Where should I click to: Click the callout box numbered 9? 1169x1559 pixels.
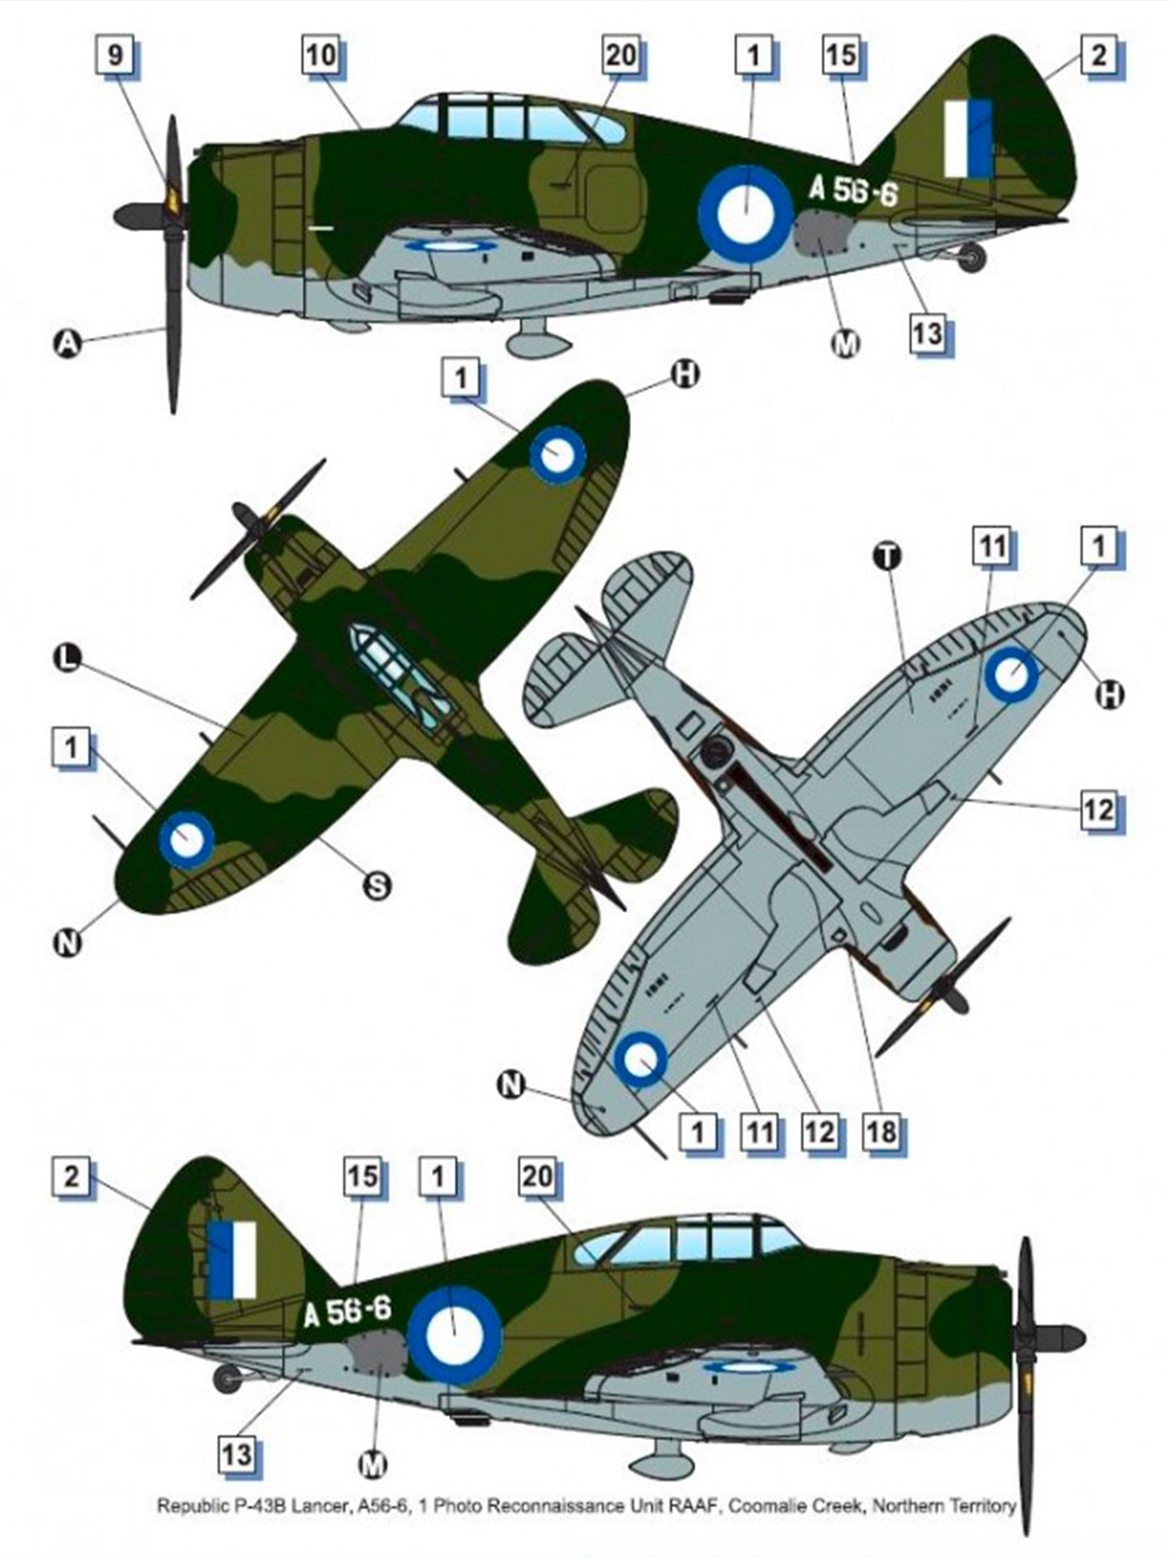(116, 55)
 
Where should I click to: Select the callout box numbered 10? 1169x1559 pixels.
(321, 55)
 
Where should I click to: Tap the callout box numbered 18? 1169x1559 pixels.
(882, 1131)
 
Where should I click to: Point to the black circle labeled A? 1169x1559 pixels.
(68, 344)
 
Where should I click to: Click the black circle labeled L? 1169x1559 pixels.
(68, 658)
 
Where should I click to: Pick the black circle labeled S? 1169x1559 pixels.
(377, 886)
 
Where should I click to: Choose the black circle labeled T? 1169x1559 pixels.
(887, 556)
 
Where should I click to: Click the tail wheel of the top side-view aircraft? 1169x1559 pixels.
(972, 257)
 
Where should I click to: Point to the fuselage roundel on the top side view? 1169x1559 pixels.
(745, 213)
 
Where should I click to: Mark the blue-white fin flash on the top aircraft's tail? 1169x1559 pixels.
(968, 139)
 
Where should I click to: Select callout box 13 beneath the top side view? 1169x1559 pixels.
(927, 333)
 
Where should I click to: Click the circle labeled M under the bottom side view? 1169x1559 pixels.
(373, 1465)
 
